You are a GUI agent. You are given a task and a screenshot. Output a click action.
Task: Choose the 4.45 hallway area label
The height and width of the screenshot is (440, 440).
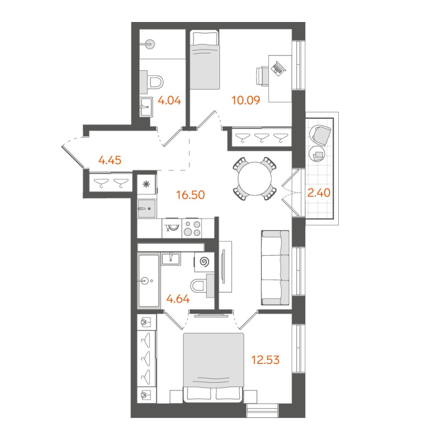[x=109, y=161]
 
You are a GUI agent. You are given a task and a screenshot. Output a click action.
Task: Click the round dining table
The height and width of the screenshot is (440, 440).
[x=254, y=178]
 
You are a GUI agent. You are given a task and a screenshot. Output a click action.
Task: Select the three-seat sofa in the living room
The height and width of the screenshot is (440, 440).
[x=274, y=267]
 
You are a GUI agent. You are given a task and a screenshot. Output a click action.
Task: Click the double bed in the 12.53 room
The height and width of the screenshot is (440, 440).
[x=213, y=366]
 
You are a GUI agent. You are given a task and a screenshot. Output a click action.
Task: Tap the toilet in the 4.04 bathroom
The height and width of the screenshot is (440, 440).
[x=155, y=83]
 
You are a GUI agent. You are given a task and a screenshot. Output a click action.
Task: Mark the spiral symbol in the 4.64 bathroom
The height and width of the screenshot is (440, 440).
[x=205, y=262]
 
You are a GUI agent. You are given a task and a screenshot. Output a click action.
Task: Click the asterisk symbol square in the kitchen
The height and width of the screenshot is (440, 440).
[x=147, y=185]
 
